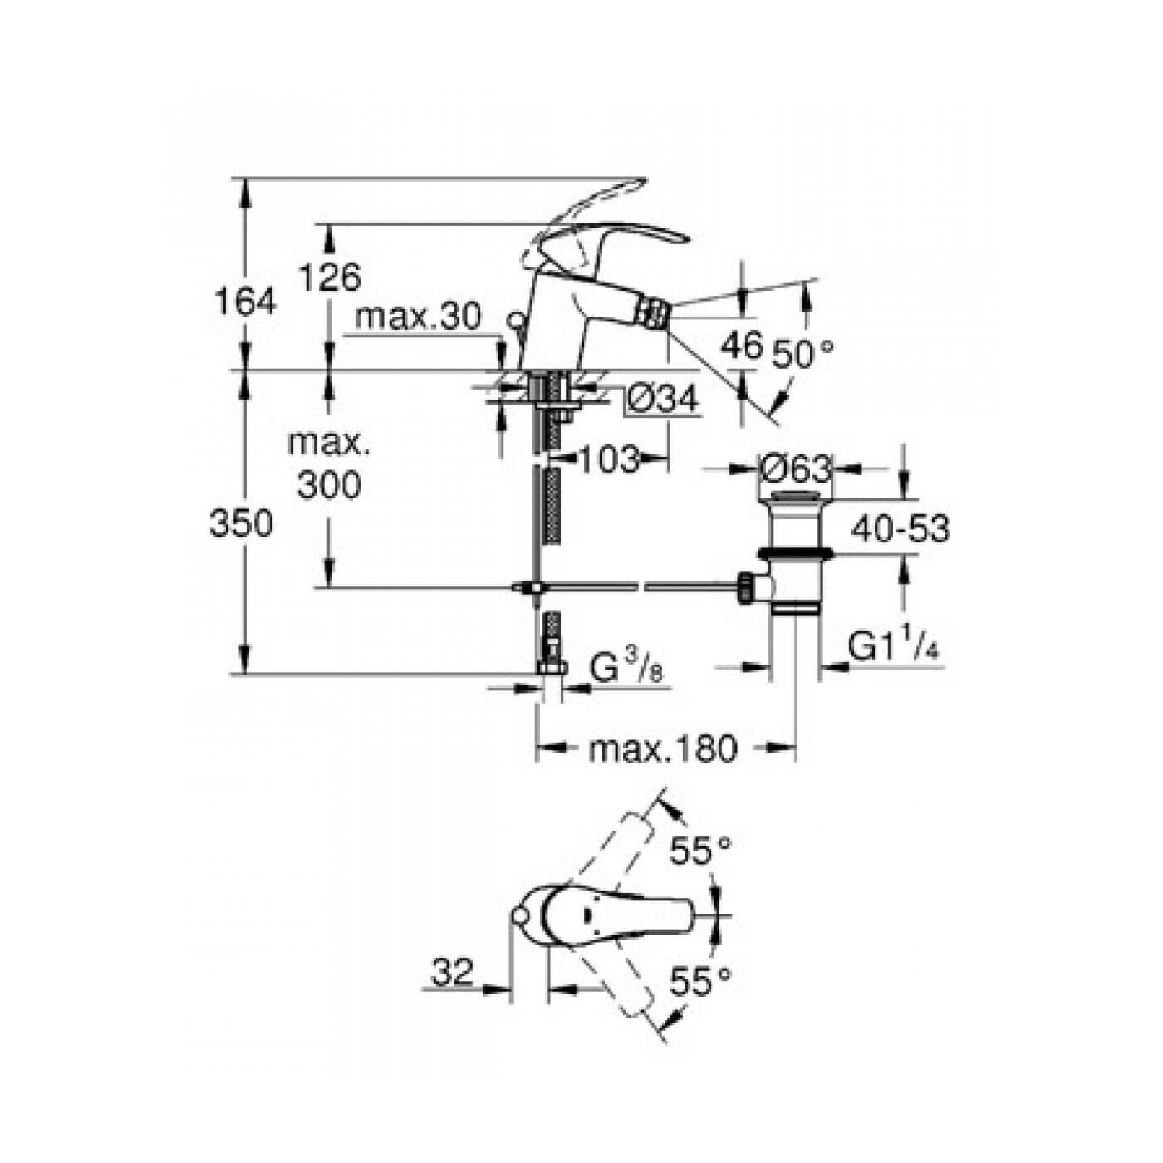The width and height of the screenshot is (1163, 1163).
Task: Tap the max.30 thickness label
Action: [x=417, y=317]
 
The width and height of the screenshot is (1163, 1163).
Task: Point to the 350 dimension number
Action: [x=241, y=524]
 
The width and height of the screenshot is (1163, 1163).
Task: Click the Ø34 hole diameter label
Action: [x=662, y=400]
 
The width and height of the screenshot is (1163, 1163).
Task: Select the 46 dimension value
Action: [x=741, y=344]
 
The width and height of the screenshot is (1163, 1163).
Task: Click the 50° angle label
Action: [x=802, y=355]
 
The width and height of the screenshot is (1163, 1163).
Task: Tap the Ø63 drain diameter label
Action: [x=796, y=469]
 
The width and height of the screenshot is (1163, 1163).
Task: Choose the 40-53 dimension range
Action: [x=900, y=528]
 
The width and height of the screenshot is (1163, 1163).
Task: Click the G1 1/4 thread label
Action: [x=895, y=646]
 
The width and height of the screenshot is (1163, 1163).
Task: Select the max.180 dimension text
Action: [x=663, y=749]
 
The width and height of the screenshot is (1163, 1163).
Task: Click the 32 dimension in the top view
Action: [x=453, y=971]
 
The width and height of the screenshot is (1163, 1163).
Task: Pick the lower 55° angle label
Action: [x=701, y=982]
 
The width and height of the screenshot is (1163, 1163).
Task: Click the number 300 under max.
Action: [x=330, y=485]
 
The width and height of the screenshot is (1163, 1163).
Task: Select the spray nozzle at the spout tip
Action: [x=655, y=315]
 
